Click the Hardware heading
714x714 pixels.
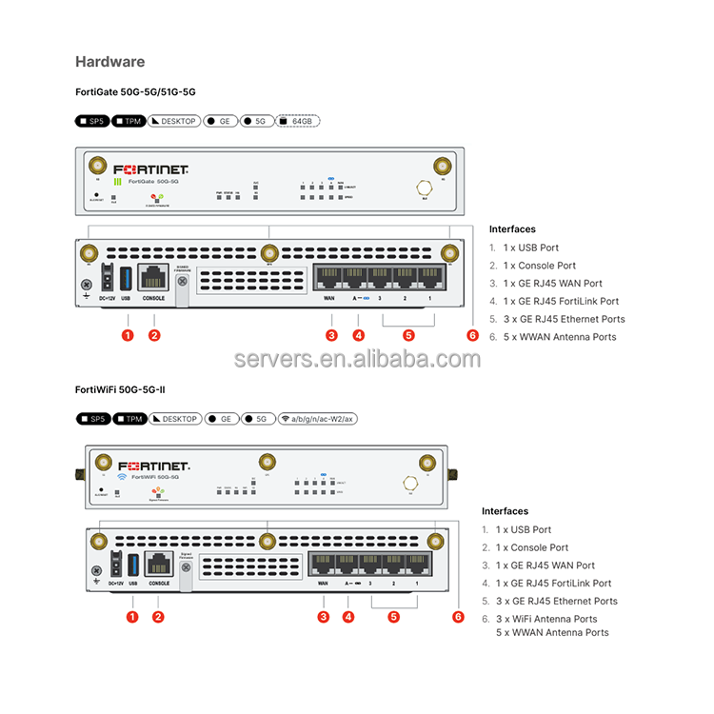point(110,62)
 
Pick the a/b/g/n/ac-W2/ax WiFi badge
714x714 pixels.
point(317,419)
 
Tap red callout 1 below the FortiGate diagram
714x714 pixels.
point(128,335)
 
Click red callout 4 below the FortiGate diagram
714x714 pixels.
point(358,335)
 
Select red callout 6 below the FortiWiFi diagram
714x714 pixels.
point(458,617)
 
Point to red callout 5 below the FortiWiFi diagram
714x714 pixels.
point(394,617)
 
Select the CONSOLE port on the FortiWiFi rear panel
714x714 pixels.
point(159,564)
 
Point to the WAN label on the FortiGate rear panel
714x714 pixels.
point(329,298)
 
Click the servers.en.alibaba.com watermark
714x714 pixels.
point(357,359)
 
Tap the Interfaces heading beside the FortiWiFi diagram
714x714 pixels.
point(505,511)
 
